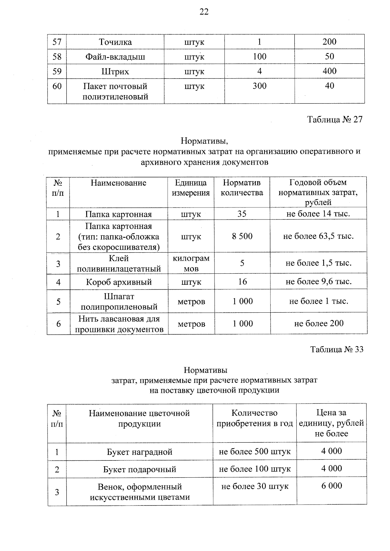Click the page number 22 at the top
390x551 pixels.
[204, 12]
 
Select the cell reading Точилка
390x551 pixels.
[115, 42]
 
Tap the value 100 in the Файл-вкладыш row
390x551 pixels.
[259, 56]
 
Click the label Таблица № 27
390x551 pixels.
[335, 119]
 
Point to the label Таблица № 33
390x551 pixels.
[337, 349]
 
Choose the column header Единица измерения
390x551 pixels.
[191, 188]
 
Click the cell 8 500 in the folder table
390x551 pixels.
[242, 236]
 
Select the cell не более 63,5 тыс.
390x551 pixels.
[318, 236]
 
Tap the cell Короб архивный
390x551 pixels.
[119, 282]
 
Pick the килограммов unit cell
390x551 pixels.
[191, 263]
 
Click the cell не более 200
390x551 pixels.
[318, 323]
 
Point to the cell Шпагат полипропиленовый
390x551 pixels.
[119, 301]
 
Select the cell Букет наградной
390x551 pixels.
[139, 452]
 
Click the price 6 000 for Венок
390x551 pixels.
[331, 486]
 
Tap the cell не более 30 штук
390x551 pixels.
[255, 486]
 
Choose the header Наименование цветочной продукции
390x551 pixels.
[139, 419]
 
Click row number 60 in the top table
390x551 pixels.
[57, 86]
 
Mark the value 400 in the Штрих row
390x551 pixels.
[329, 71]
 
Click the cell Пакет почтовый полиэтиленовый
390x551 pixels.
[115, 91]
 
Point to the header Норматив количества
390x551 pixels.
[242, 188]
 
